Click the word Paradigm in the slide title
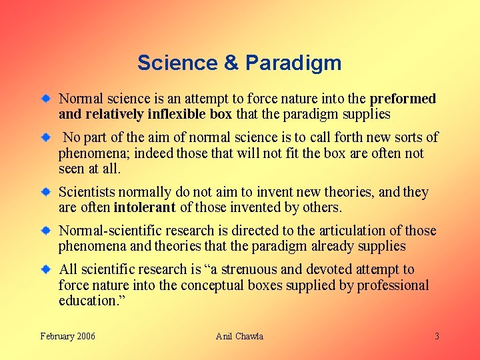click(x=293, y=63)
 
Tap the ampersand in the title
click(x=231, y=63)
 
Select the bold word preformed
click(x=403, y=99)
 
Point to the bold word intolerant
click(x=145, y=207)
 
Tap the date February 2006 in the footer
click(x=67, y=336)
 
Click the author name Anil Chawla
click(x=239, y=336)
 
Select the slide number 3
click(x=437, y=336)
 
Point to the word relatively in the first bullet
click(x=113, y=114)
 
